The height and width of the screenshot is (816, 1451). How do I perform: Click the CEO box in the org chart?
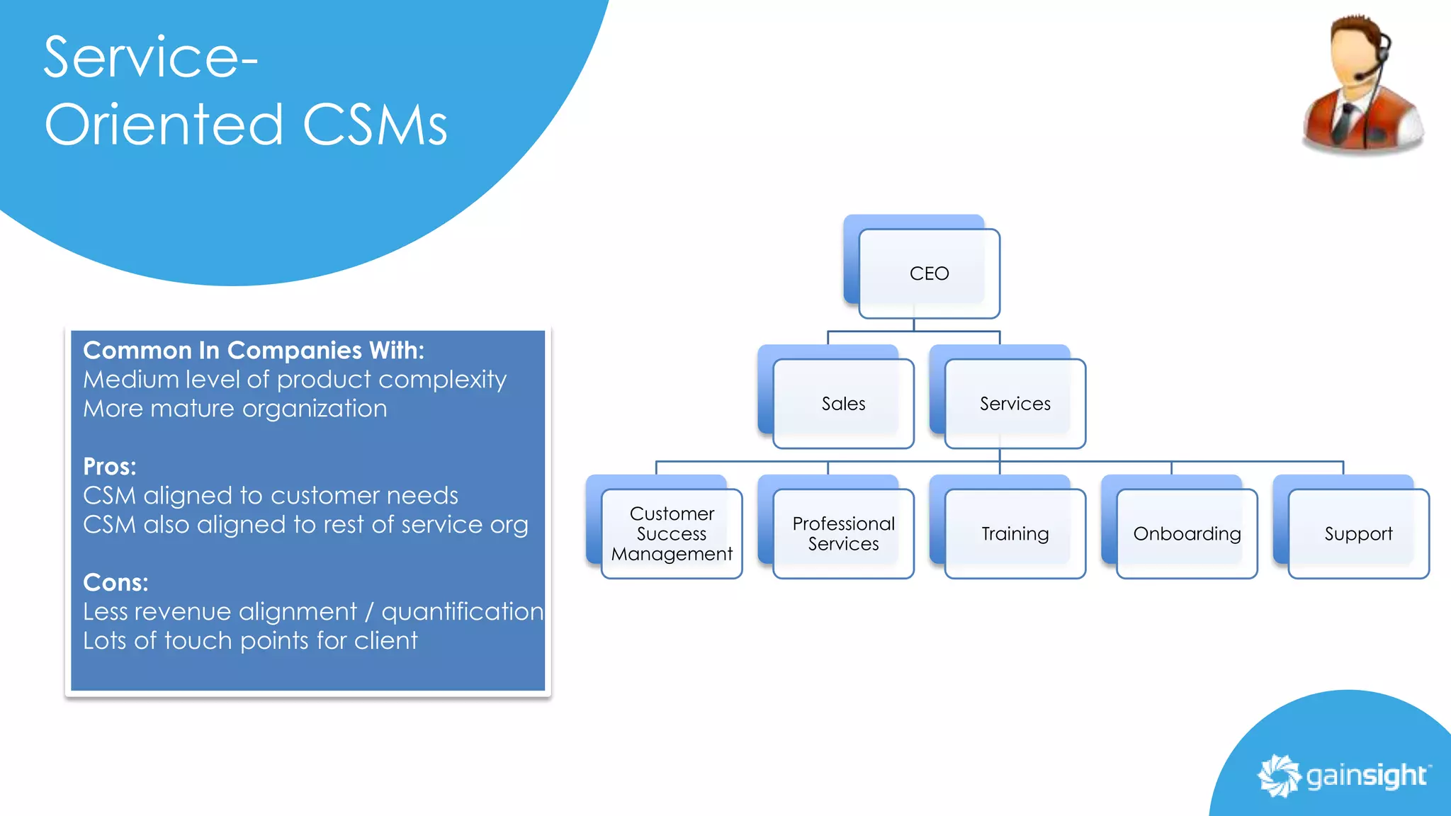coord(929,273)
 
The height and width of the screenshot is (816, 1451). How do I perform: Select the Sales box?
coord(843,404)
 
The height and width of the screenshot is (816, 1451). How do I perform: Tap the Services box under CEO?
coord(1015,404)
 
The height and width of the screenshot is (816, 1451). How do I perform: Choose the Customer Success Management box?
coord(672,533)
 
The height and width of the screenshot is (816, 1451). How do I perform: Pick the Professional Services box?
coord(843,533)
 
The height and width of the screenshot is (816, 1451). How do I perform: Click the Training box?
coord(1015,533)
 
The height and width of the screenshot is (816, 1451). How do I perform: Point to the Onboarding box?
coord(1187,533)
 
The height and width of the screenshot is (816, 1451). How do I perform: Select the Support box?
coord(1358,533)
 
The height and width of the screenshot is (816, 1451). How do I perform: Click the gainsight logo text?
coord(1366,776)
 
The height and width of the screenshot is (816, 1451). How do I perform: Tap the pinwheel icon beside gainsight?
coord(1279,776)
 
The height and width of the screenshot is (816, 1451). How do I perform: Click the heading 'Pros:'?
coord(110,467)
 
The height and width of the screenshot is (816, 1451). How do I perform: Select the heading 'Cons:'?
coord(115,583)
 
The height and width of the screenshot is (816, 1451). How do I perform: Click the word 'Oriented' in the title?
coord(164,125)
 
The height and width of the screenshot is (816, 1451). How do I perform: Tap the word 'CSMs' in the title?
coord(375,125)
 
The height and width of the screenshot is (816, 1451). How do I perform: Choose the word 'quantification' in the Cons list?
coord(463,612)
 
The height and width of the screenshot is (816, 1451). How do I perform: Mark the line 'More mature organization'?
coord(235,409)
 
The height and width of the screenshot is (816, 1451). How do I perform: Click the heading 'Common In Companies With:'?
coord(254,351)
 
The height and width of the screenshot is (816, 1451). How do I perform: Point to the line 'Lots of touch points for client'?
coord(250,641)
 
